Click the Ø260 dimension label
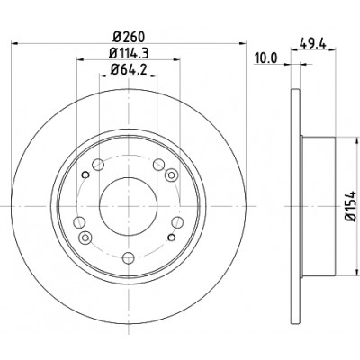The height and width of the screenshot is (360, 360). tap(129, 37)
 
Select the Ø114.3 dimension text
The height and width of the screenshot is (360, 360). tap(129, 53)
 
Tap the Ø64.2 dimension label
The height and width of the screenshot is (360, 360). tap(129, 69)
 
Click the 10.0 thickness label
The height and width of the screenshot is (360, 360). tap(266, 58)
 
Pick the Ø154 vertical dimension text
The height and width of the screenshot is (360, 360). tap(351, 205)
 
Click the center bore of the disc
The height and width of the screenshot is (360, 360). tap(128, 206)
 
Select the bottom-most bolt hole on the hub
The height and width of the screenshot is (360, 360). tap(129, 258)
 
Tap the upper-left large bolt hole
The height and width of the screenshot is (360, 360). tap(98, 165)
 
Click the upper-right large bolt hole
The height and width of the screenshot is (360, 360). tap(158, 165)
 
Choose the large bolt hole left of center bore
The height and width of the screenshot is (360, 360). tap(79, 222)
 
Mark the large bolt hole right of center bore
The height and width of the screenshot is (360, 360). tap(177, 222)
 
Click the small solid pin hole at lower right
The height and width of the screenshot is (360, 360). tap(172, 238)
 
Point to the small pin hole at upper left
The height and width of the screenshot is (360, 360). tap(85, 175)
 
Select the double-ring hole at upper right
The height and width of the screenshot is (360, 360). tap(171, 175)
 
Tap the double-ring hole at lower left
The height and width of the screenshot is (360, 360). tap(85, 238)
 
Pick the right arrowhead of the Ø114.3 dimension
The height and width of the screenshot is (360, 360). tap(176, 59)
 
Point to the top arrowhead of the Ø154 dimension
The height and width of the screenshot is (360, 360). tap(357, 141)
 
